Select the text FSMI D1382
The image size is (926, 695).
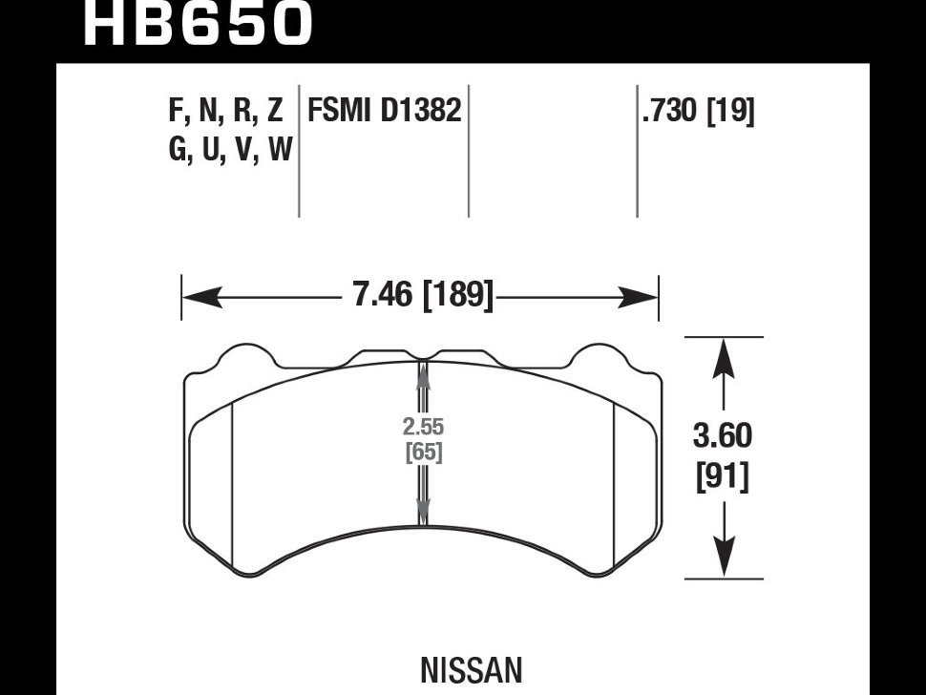[384, 112]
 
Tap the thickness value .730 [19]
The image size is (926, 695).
[698, 112]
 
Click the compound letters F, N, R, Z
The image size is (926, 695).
[225, 112]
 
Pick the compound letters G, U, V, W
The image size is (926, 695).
[229, 150]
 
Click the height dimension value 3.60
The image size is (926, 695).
[724, 436]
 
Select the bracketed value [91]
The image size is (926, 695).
[724, 474]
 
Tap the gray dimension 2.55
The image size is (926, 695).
[424, 428]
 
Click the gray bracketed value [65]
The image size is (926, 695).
[424, 452]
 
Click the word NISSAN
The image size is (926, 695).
[471, 670]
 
